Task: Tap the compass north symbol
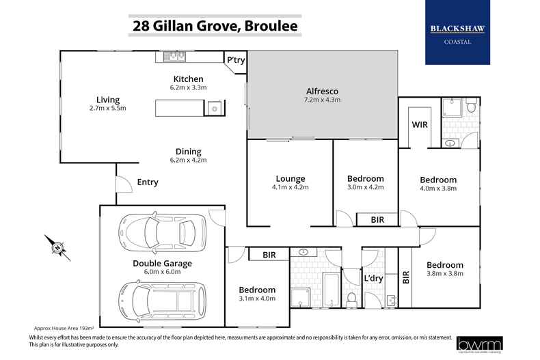pos(57,247)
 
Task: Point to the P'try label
pos(236,60)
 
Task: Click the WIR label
pos(419,126)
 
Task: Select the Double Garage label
pos(162,263)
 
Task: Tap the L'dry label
pos(373,279)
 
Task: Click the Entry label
pos(147,182)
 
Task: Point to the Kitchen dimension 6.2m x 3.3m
pos(189,87)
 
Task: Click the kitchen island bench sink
pos(214,108)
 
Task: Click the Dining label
pos(187,152)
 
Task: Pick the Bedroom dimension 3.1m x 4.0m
pos(257,299)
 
